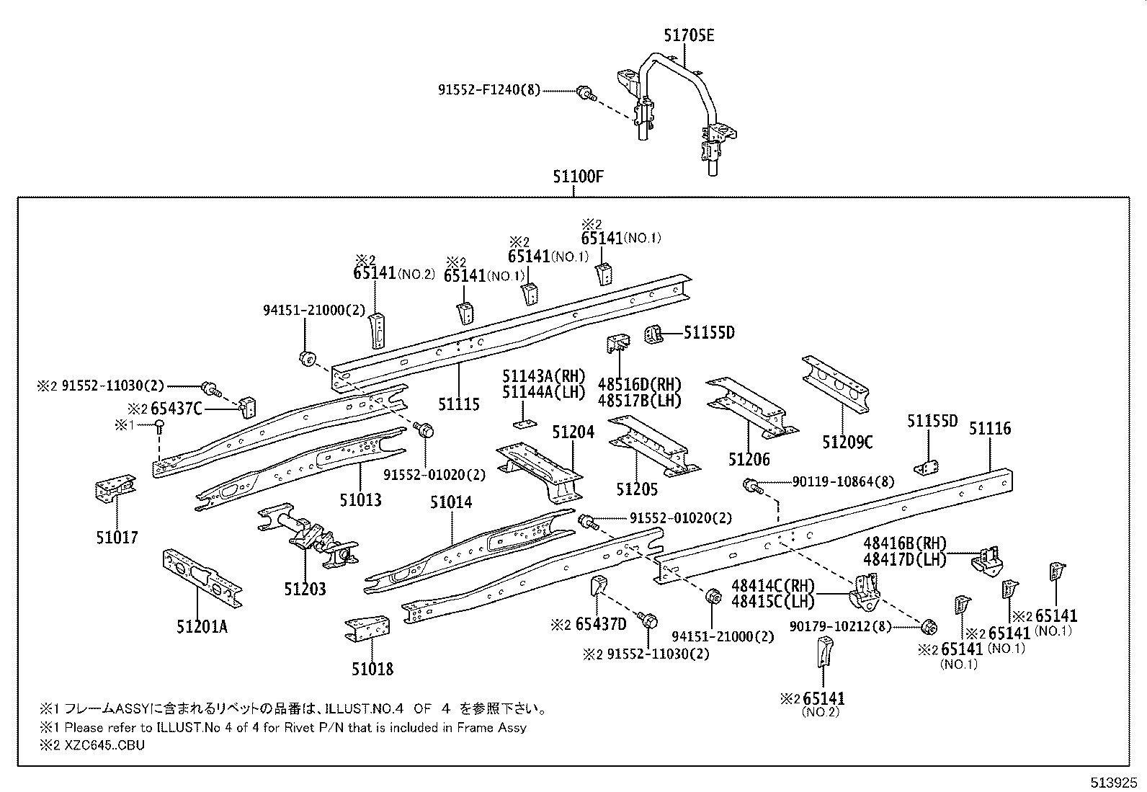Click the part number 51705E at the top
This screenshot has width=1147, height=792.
tap(689, 35)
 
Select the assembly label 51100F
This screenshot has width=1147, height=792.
tap(578, 176)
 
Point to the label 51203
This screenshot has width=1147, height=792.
tap(304, 589)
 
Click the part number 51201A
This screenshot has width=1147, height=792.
tap(202, 626)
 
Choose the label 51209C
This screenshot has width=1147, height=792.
tap(847, 442)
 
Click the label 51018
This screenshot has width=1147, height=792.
tap(372, 669)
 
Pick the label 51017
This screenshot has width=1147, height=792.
tap(116, 537)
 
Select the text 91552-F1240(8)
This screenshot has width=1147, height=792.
tap(488, 91)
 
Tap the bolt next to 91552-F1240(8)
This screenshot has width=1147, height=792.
tap(584, 92)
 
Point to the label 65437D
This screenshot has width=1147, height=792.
tap(601, 624)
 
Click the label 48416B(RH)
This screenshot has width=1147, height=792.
tap(904, 543)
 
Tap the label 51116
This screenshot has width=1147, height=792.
tap(989, 429)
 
